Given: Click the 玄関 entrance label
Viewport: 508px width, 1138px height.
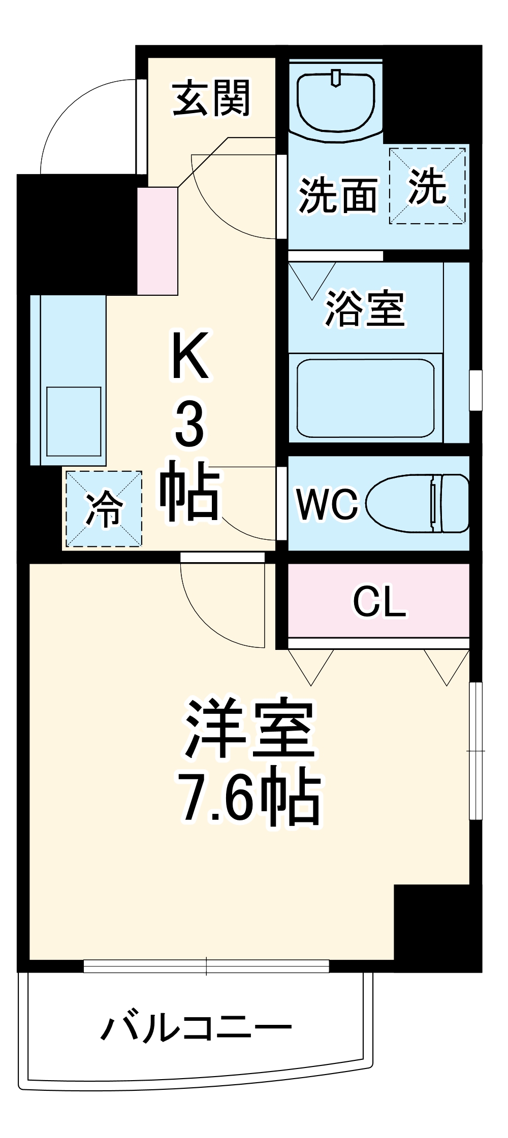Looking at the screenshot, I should coord(211,98).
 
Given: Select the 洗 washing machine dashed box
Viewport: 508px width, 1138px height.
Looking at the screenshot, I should coord(427,186).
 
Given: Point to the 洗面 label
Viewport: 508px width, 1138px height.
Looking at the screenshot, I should coord(338,195).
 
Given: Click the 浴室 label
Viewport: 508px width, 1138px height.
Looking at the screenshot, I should coord(365,308).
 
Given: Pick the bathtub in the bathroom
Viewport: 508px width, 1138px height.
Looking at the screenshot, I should coord(365,398).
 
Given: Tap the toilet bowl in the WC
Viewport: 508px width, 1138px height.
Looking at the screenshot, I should coord(417,504).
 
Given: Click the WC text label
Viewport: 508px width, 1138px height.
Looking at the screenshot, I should coord(328,504).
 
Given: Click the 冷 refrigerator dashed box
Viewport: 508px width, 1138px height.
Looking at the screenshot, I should coord(104,509).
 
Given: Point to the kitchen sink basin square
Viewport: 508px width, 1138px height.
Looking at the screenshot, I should coord(74,421).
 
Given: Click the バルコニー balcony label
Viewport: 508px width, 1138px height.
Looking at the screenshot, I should coord(196,1028).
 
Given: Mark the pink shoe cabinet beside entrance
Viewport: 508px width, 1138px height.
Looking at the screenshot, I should coord(157,241).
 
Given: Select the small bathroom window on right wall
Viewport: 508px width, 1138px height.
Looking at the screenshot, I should coord(475,390).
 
